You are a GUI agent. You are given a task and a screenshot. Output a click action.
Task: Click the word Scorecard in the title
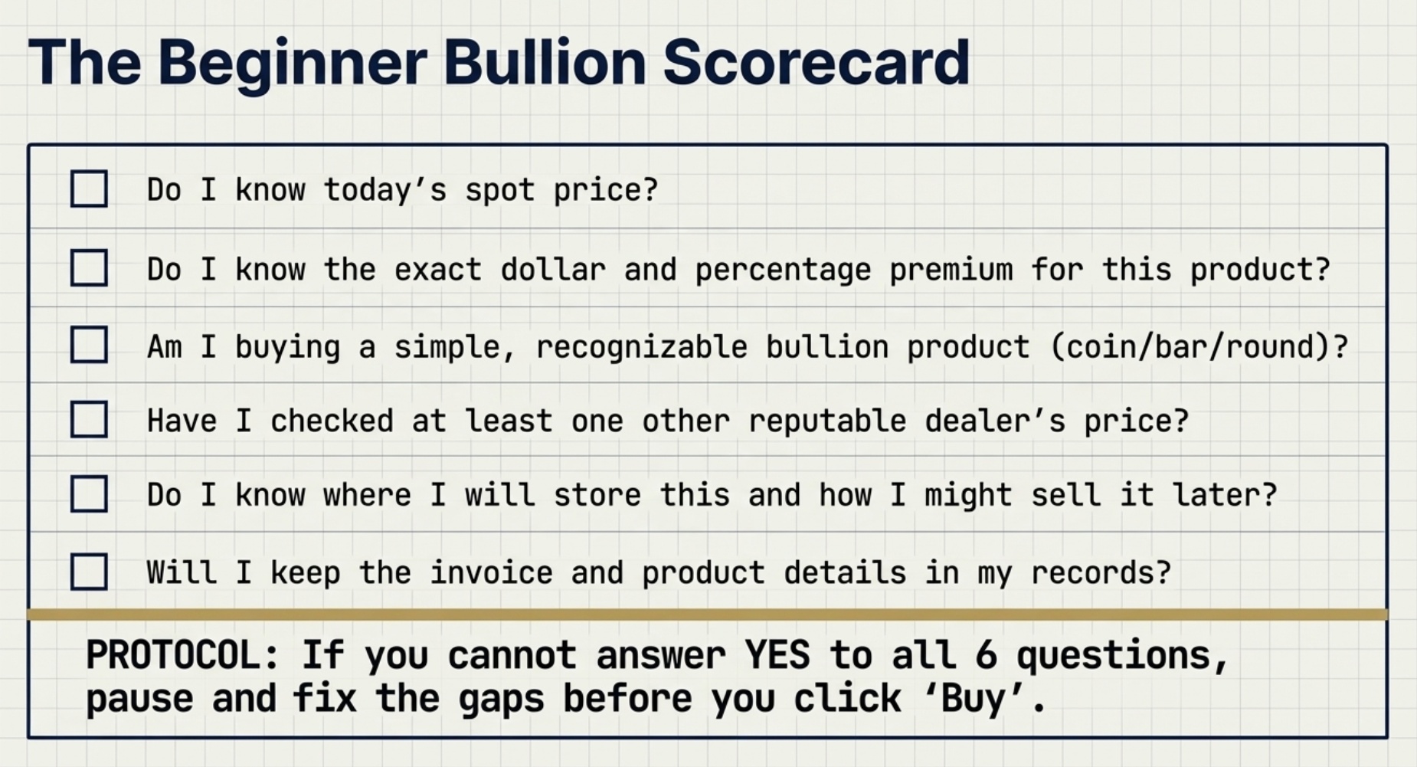point(816,63)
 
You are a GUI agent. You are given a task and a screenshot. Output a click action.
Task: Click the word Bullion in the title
point(545,63)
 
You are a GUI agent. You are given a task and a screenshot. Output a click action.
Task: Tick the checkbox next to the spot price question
point(89,188)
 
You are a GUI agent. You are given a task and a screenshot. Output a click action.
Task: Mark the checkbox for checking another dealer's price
point(89,419)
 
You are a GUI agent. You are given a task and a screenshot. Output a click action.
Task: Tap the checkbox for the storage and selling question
point(89,493)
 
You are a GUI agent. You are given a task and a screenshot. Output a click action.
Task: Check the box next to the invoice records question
point(89,572)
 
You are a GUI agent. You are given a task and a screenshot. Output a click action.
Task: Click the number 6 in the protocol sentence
point(986,655)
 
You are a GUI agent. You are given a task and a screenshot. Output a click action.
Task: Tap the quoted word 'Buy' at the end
point(974,698)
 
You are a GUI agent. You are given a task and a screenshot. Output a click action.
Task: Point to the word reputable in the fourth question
point(826,421)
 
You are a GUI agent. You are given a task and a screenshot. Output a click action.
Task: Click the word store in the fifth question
point(597,495)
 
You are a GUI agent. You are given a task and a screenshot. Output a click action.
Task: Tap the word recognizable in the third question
point(640,347)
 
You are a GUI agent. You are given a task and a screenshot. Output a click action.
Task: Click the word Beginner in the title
point(293,63)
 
